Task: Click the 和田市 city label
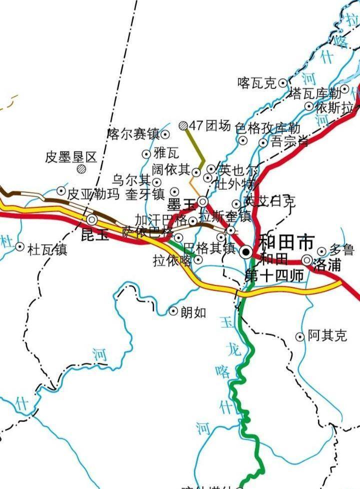point(286,243)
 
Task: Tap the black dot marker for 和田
point(246,252)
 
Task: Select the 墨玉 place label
point(181,203)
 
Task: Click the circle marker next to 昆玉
point(92,219)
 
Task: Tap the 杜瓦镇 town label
point(47,249)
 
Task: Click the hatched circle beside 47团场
point(184,125)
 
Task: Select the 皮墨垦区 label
point(71,157)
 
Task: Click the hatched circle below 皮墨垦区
point(81,169)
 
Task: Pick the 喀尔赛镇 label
point(133,134)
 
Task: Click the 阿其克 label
point(327,336)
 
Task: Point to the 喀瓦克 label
point(257,83)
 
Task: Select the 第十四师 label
point(274,275)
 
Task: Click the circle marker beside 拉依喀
point(198,259)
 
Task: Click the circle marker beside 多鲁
point(322,251)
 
